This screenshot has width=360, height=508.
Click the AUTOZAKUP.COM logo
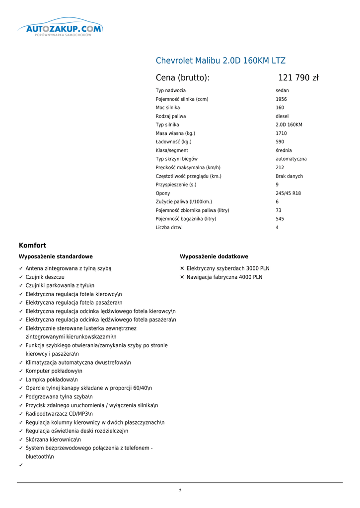click(x=61, y=30)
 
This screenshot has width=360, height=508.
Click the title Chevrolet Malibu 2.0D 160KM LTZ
click(x=220, y=61)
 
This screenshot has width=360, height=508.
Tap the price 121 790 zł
click(x=298, y=78)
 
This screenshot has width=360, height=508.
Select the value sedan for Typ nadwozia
click(x=282, y=91)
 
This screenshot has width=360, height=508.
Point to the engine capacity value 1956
click(x=281, y=99)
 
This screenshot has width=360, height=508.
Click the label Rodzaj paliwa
click(x=171, y=116)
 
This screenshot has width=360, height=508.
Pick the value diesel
click(x=282, y=116)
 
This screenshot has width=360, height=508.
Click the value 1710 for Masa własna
click(x=281, y=133)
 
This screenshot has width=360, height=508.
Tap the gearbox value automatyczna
click(x=291, y=159)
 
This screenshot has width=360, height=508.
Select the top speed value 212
click(x=280, y=168)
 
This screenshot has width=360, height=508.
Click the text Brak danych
click(x=289, y=176)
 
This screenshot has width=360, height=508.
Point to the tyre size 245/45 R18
click(x=288, y=193)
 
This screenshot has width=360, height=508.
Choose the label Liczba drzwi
click(x=169, y=228)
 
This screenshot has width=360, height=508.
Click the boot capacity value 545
click(x=280, y=219)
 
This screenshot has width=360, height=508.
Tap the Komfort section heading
click(x=32, y=246)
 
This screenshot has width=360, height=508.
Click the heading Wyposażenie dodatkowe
click(x=214, y=256)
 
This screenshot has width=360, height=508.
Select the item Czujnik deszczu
click(x=45, y=277)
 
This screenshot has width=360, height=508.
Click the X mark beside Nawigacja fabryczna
click(x=182, y=277)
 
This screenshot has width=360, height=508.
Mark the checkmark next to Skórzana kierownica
click(x=21, y=440)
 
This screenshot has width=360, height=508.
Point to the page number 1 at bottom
click(x=180, y=491)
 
